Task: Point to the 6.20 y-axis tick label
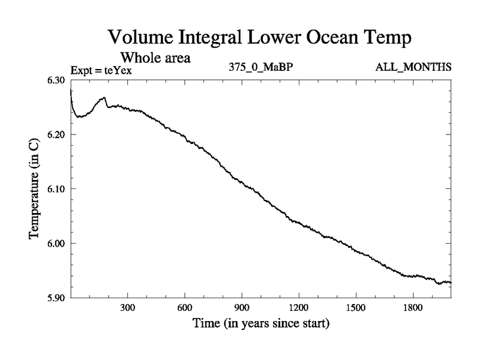pos(58,134)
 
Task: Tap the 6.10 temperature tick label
pos(58,188)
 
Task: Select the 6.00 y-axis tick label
pos(58,243)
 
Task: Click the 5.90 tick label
pos(58,297)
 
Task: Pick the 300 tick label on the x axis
pos(127,308)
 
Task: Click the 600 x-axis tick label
pos(184,308)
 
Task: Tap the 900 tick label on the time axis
pos(242,308)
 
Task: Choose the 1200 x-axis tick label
pos(299,308)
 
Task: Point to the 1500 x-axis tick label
pos(356,308)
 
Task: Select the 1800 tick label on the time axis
pos(413,308)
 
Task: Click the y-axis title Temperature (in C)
pos(34,188)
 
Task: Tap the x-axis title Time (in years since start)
pos(261,325)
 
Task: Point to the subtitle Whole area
pos(156,58)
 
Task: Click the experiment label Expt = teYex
pos(101,70)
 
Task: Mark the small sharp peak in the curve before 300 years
pos(105,97)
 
